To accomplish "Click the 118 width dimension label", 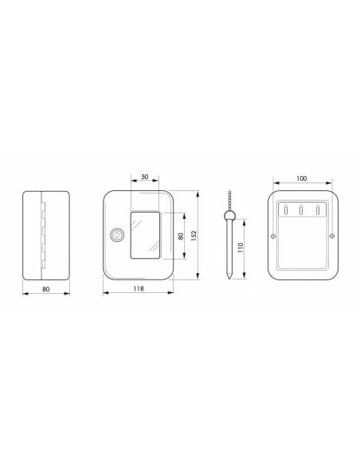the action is [139, 288].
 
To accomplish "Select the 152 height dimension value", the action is [194, 236].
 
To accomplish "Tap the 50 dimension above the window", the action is [144, 177].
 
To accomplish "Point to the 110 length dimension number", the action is [241, 248].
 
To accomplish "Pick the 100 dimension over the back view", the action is [302, 178].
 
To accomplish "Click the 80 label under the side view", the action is [46, 289].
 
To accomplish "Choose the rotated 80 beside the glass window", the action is [180, 236].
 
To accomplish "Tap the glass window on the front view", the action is [145, 235].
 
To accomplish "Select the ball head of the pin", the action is [229, 215].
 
